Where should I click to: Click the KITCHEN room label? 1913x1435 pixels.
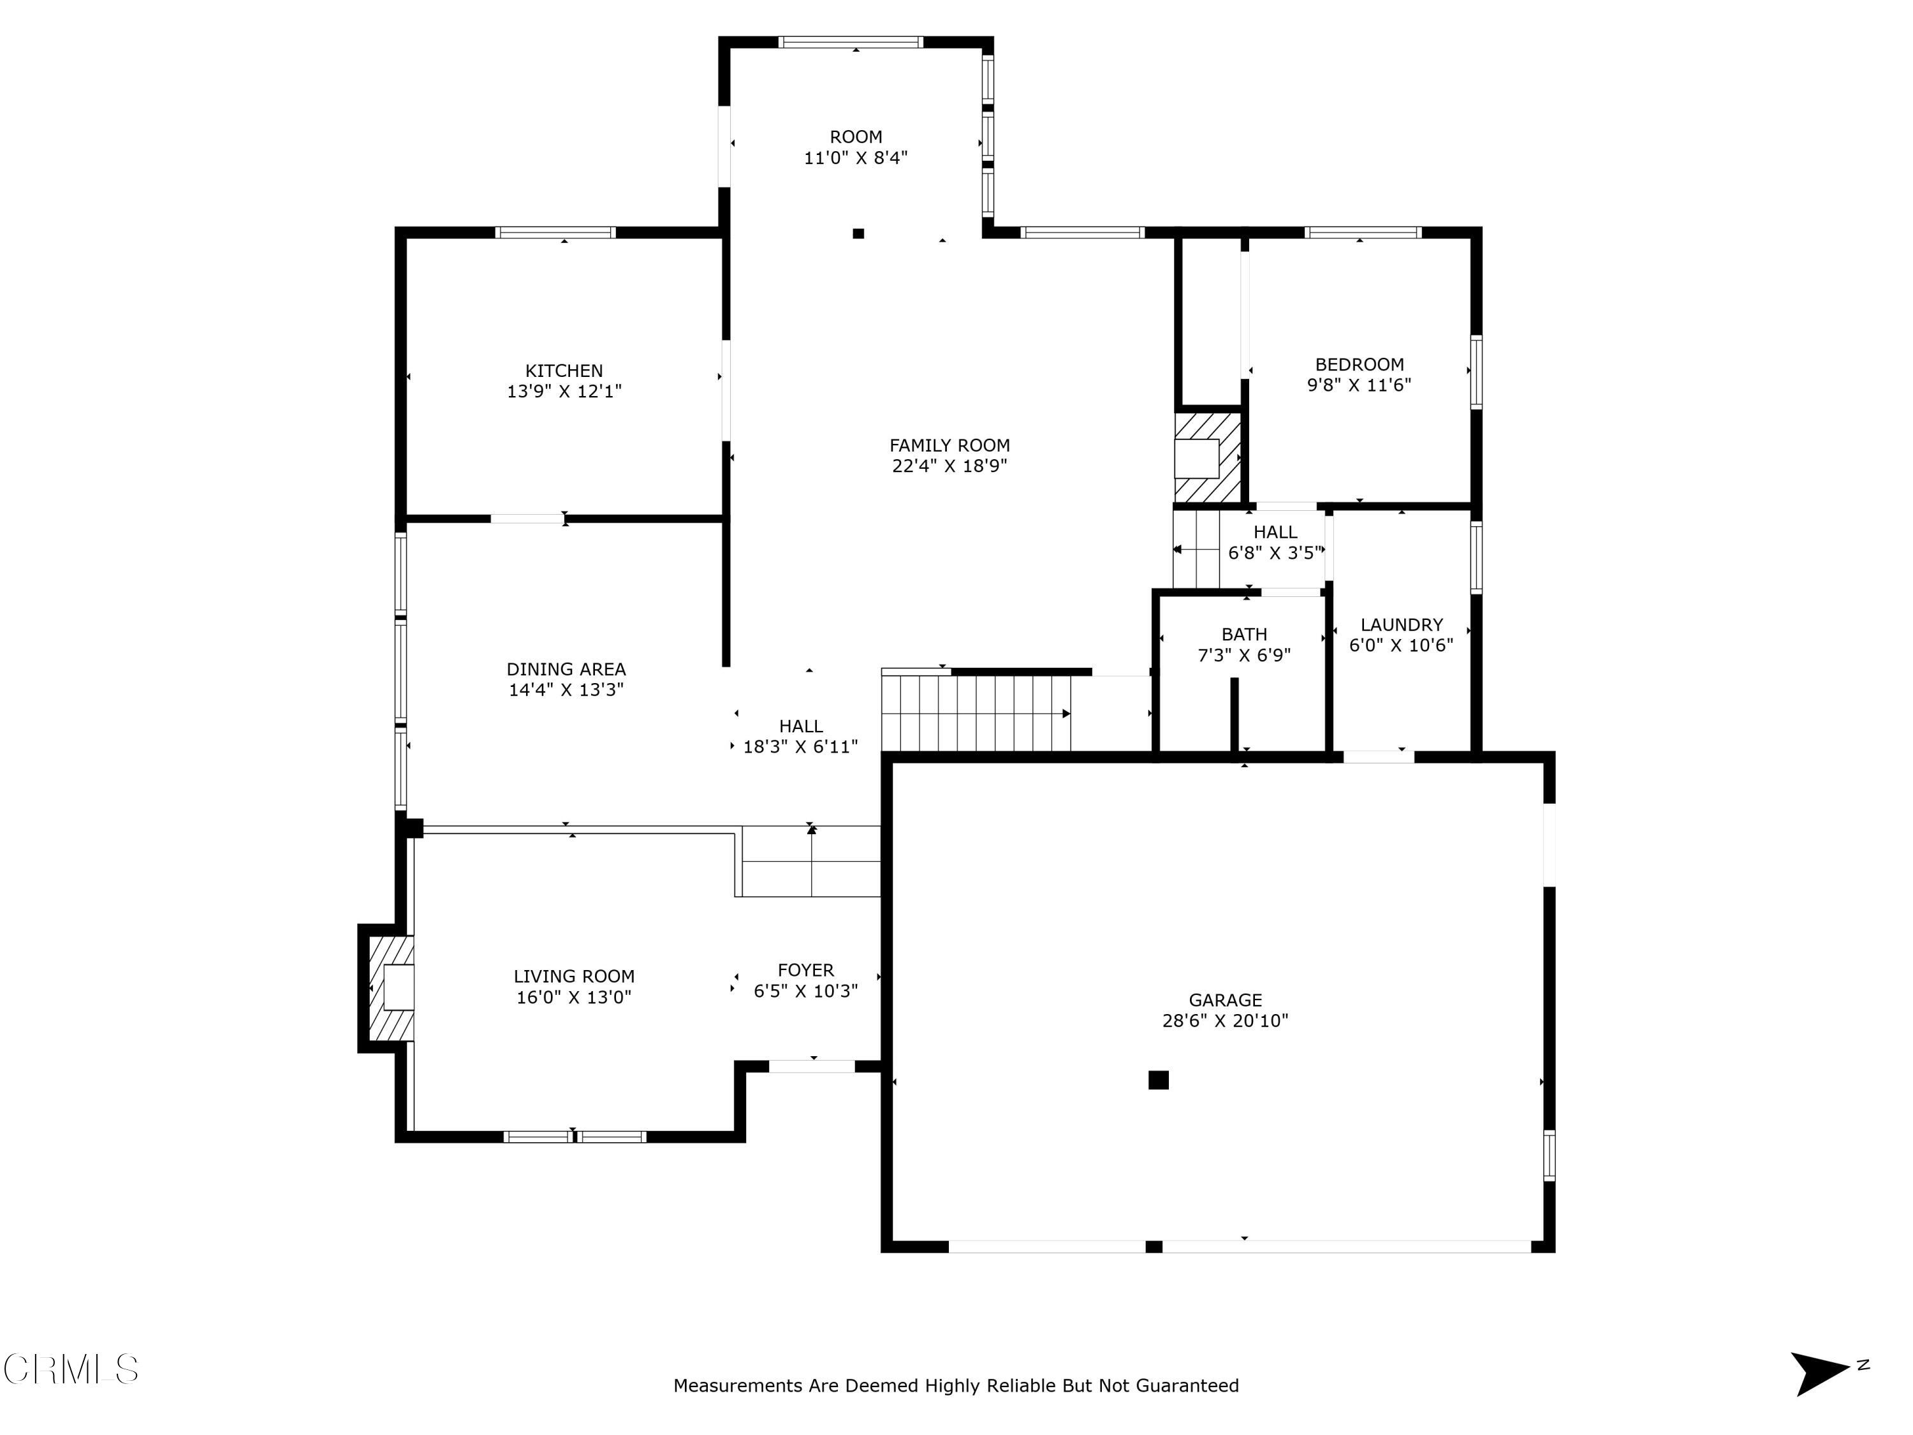pyautogui.click(x=564, y=370)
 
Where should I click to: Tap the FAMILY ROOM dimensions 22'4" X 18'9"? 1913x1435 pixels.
pyautogui.click(x=949, y=466)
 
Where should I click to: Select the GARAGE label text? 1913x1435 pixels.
pyautogui.click(x=1224, y=1000)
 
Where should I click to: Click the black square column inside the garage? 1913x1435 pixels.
pyautogui.click(x=1158, y=1080)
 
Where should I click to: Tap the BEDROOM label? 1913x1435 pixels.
pyautogui.click(x=1359, y=364)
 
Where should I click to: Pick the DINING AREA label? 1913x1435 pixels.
pyautogui.click(x=566, y=668)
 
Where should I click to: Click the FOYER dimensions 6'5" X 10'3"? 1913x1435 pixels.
pyautogui.click(x=805, y=991)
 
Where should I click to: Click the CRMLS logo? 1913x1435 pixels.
pyautogui.click(x=71, y=1369)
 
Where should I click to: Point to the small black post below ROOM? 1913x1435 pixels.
pyautogui.click(x=858, y=233)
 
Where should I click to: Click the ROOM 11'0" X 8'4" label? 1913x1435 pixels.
pyautogui.click(x=855, y=147)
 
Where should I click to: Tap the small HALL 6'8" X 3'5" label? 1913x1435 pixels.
pyautogui.click(x=1275, y=542)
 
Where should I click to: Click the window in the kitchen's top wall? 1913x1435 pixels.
pyautogui.click(x=555, y=232)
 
